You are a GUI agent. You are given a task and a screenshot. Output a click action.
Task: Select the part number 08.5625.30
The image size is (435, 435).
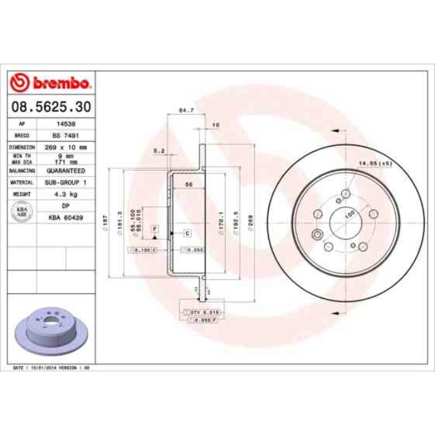[50, 106]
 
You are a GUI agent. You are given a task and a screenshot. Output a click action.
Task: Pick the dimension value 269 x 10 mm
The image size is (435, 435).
[65, 146]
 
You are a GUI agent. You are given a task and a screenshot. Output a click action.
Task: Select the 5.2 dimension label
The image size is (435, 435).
[159, 150]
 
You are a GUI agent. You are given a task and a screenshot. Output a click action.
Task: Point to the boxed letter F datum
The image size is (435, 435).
[155, 229]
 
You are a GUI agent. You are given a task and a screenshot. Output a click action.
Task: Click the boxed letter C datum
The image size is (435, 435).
[187, 233]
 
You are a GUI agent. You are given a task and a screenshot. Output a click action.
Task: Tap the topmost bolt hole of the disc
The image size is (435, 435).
[345, 193]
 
